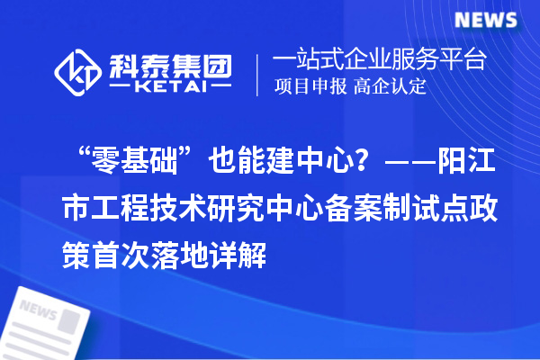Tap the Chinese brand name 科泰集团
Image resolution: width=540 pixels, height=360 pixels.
coord(172,62)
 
